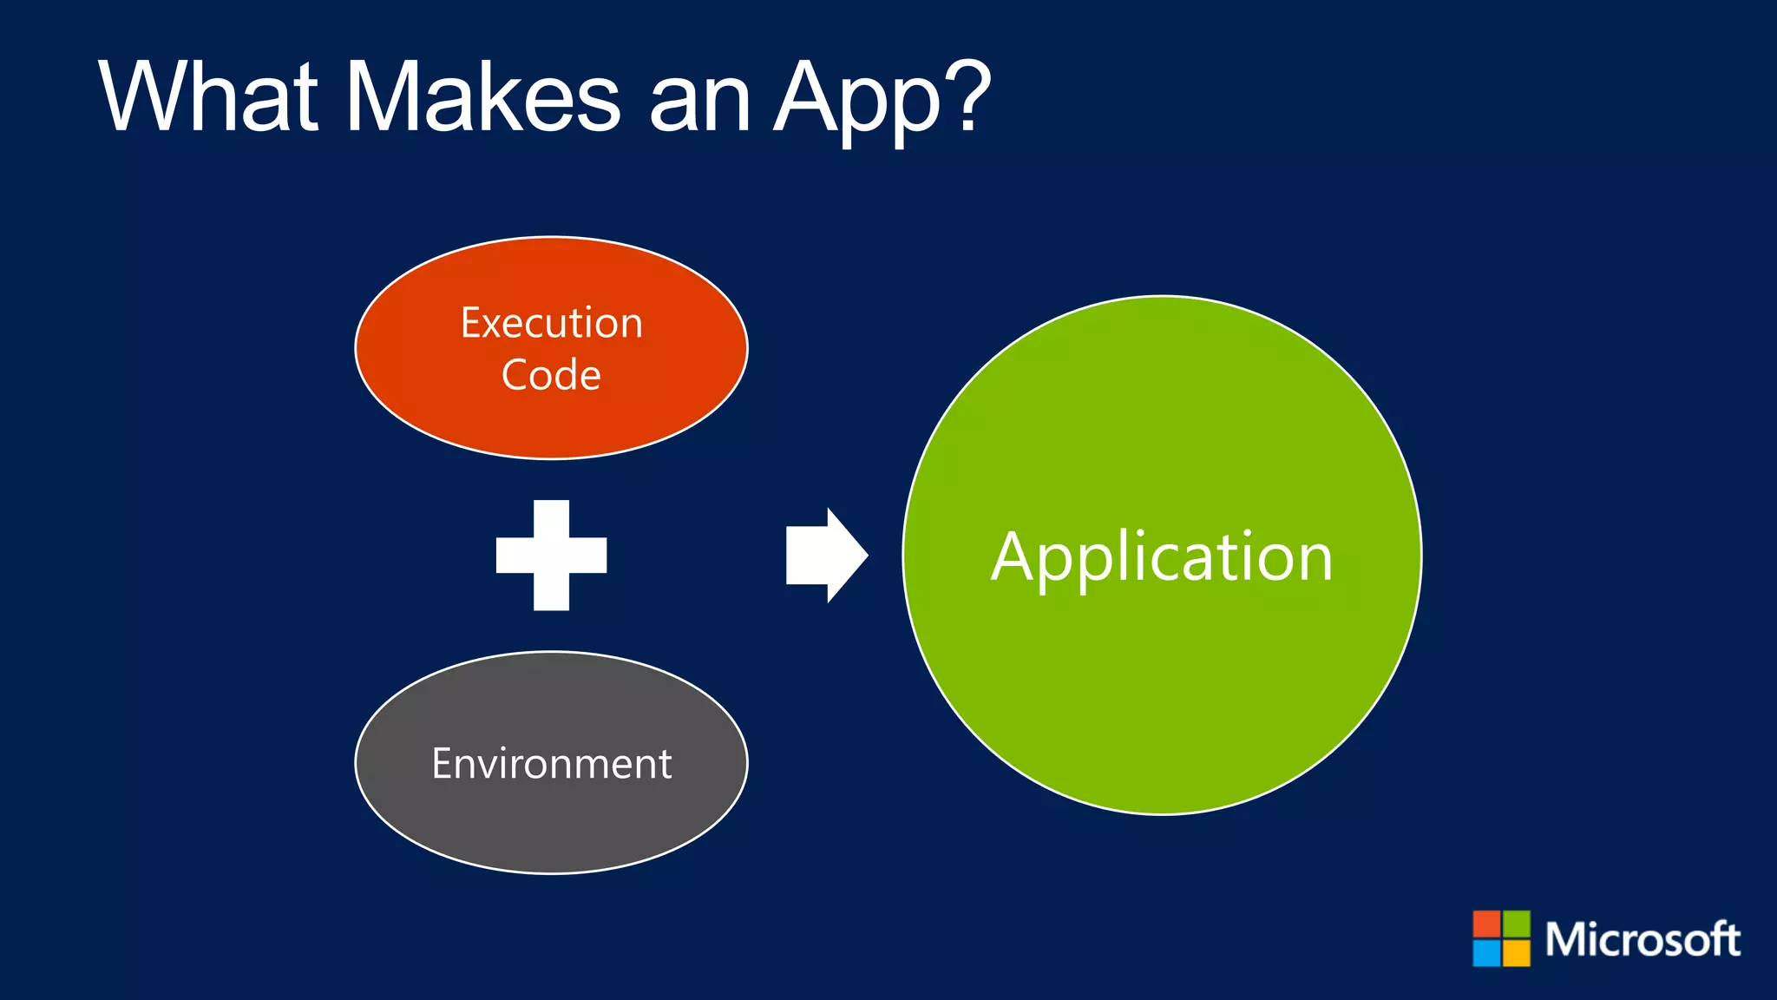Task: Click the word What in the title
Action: (208, 96)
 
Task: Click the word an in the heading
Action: (699, 104)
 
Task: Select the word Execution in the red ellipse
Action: (551, 323)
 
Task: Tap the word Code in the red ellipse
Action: (551, 375)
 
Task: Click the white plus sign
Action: (551, 556)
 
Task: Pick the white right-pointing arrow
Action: (825, 556)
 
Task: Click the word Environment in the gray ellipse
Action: (551, 764)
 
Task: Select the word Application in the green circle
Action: (1162, 557)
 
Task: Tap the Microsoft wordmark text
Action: (1643, 939)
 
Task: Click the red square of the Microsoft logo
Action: (1487, 924)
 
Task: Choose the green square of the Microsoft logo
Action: (1517, 924)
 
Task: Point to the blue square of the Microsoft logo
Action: (1487, 953)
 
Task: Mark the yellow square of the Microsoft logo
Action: (1517, 953)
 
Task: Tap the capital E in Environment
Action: (443, 764)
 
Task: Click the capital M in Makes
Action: (386, 96)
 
